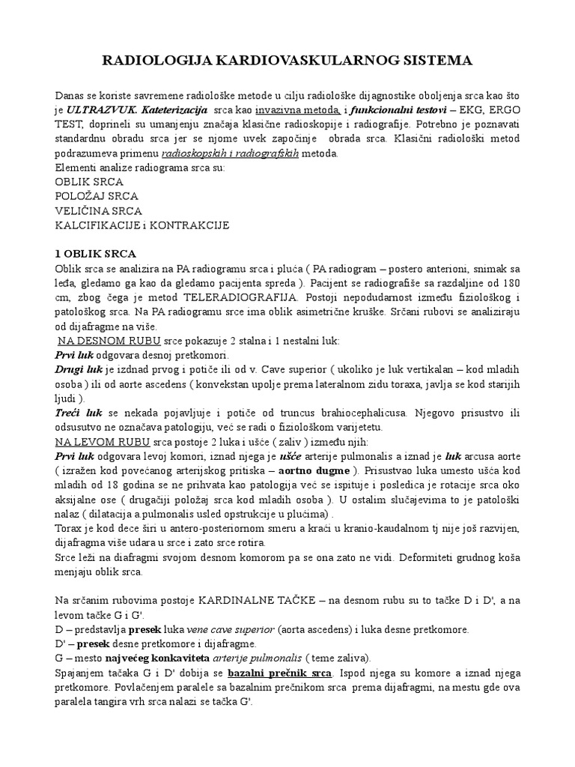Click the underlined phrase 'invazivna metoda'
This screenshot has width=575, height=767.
(270, 110)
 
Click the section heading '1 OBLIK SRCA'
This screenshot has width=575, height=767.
(94, 254)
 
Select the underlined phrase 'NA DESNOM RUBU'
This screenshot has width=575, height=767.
(96, 340)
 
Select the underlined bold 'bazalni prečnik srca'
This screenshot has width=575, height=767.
(280, 672)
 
